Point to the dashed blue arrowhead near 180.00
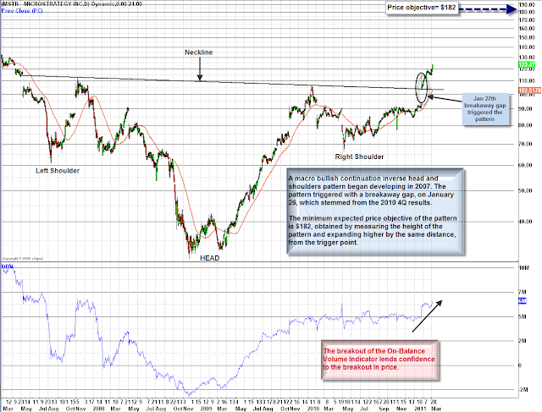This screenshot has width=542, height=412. [x=512, y=9]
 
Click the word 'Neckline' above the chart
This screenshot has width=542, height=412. [x=201, y=52]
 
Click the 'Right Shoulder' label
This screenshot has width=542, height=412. [x=357, y=158]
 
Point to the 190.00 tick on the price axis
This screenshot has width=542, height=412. [x=527, y=5]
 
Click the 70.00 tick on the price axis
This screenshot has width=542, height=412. [x=527, y=144]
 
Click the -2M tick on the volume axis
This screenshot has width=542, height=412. [x=525, y=390]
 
